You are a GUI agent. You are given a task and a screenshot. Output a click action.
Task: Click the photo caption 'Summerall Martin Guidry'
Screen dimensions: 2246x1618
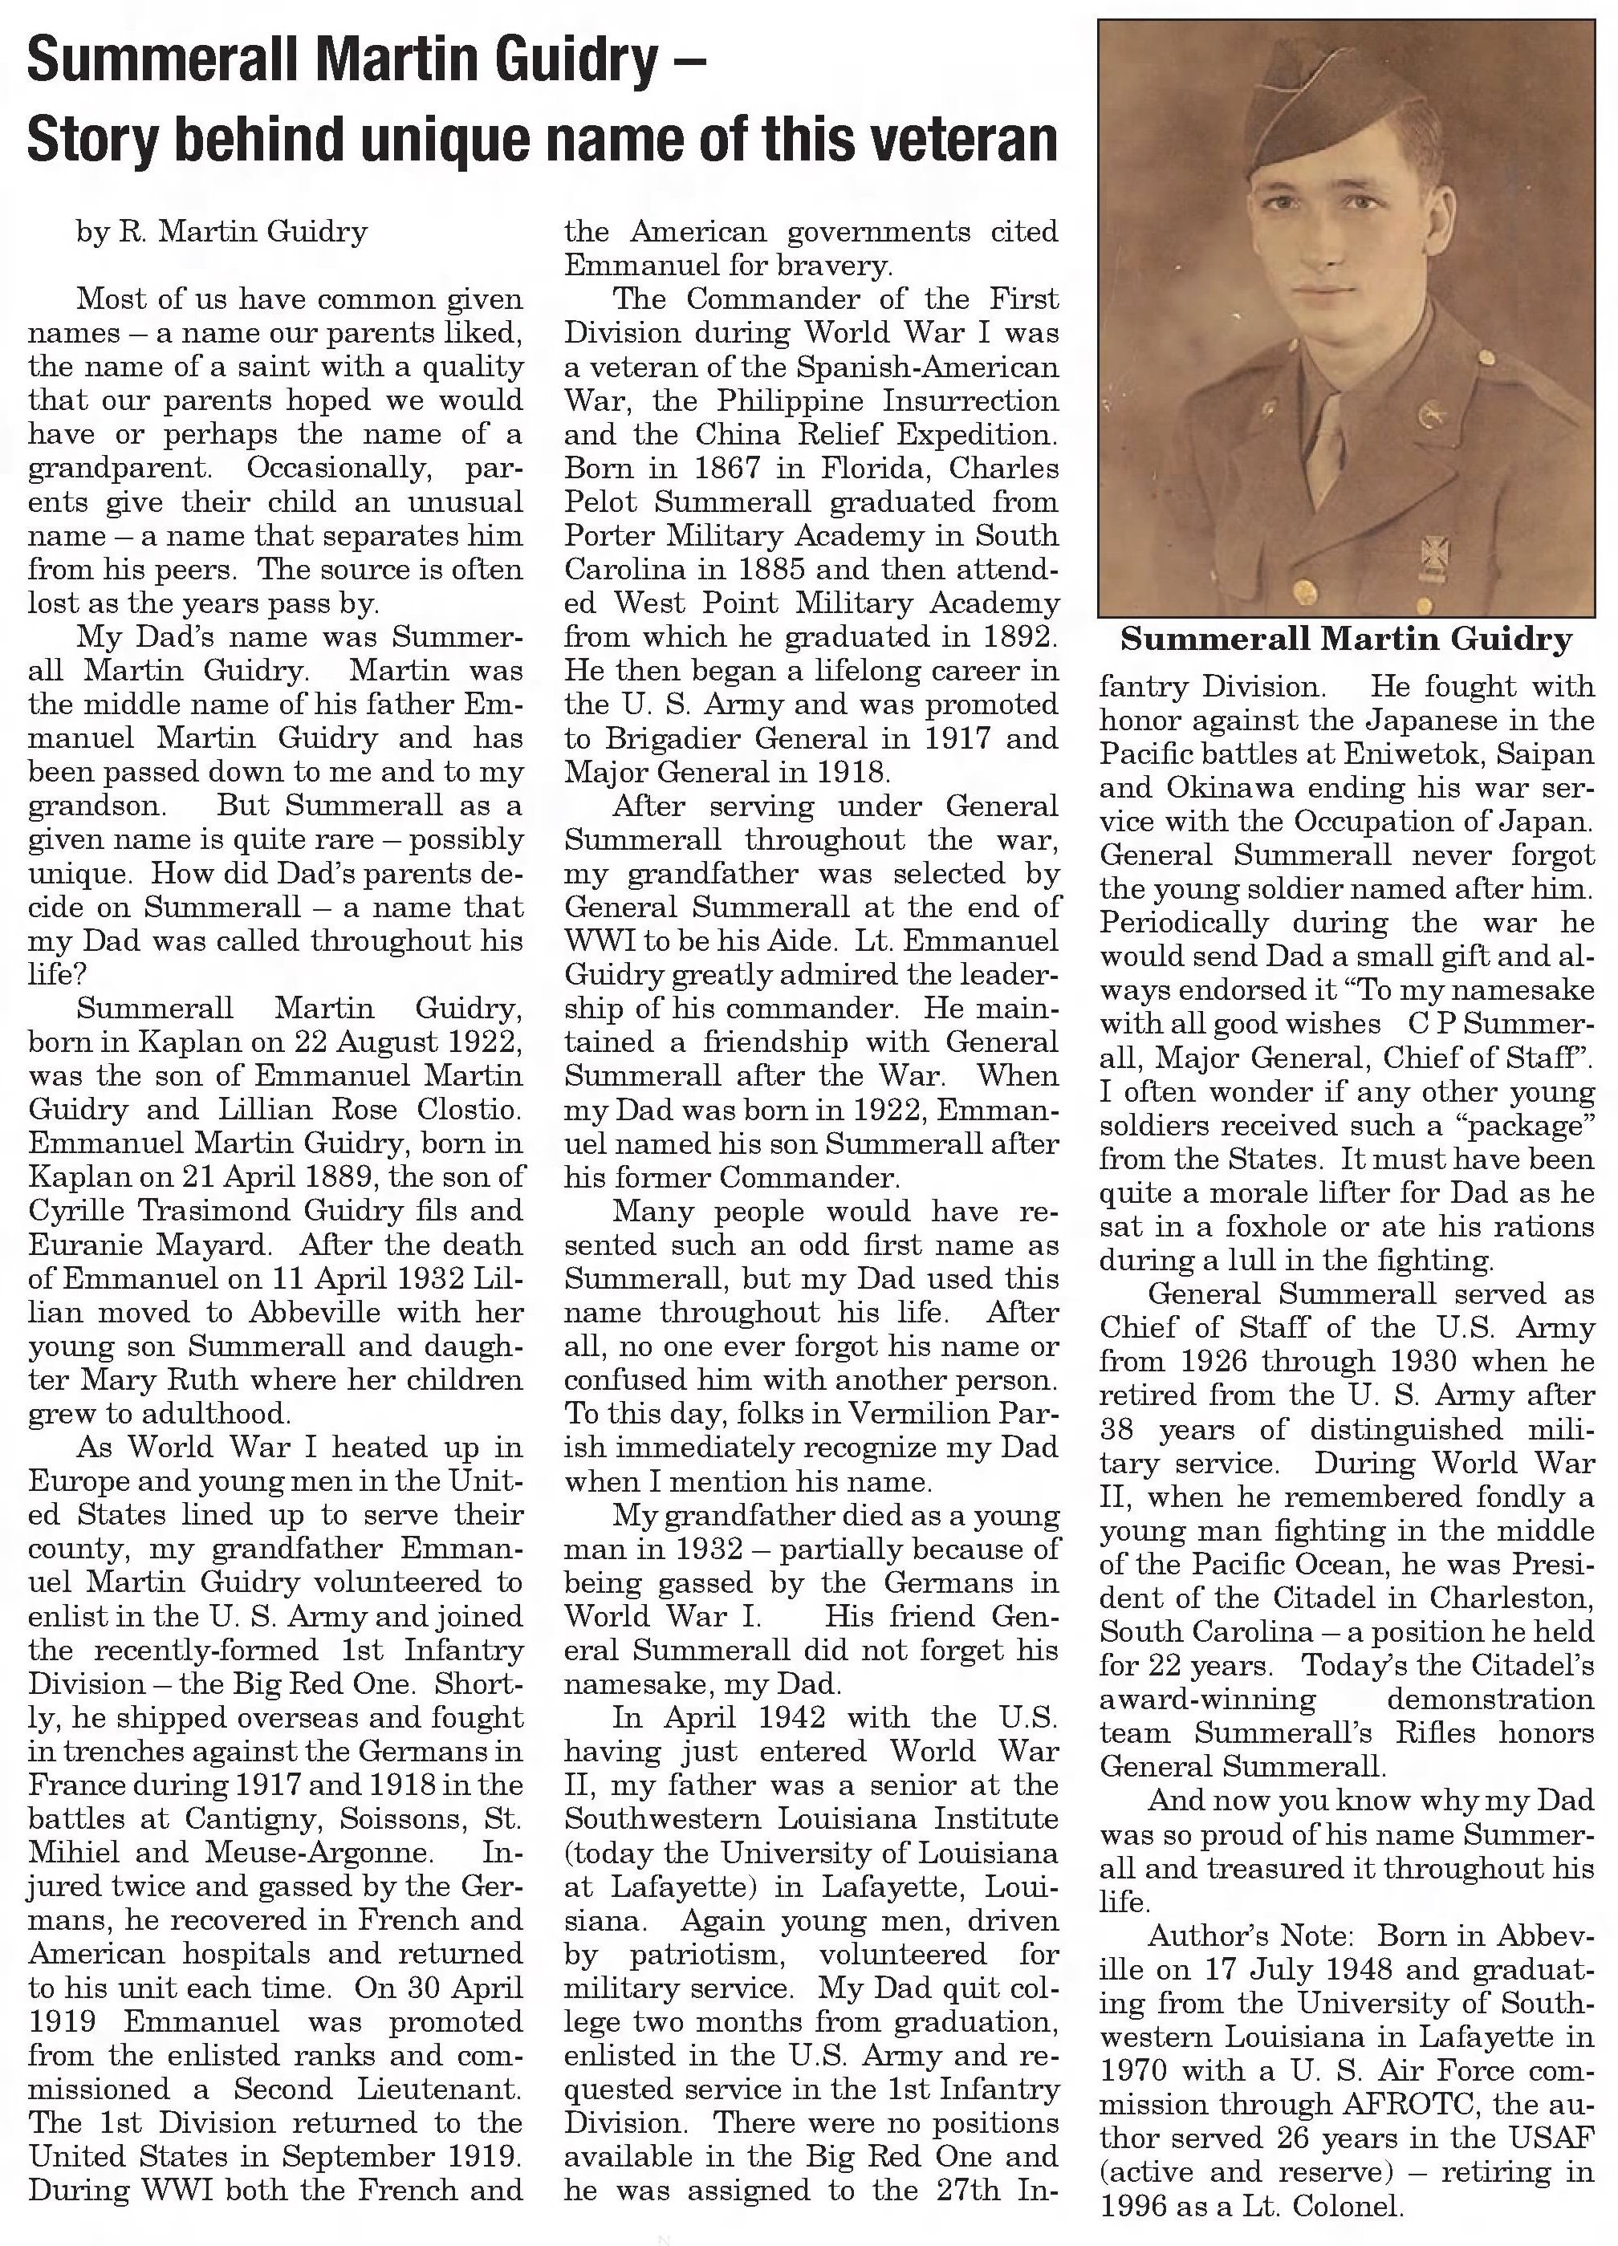pyautogui.click(x=1346, y=639)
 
